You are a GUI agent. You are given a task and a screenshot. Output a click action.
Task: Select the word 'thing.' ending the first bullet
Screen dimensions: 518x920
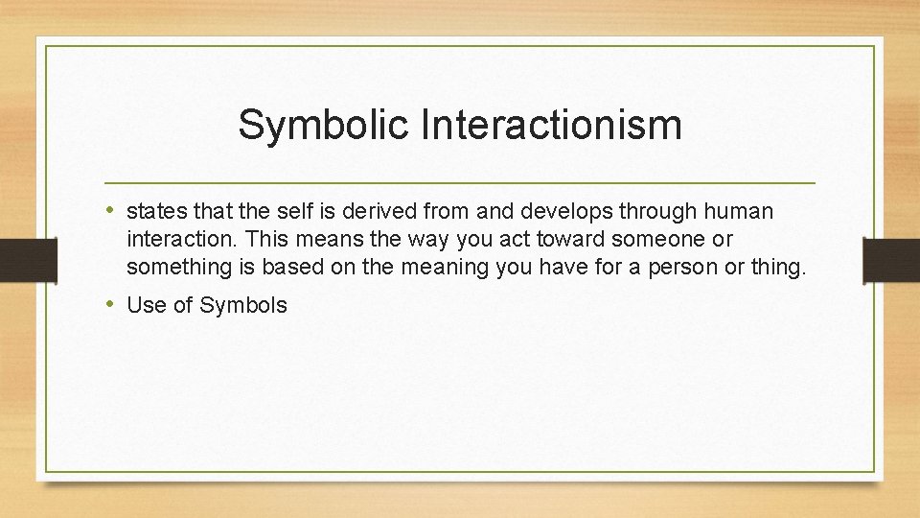pyautogui.click(x=779, y=268)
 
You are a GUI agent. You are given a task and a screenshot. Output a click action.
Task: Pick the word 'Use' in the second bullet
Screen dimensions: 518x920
pyautogui.click(x=146, y=306)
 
